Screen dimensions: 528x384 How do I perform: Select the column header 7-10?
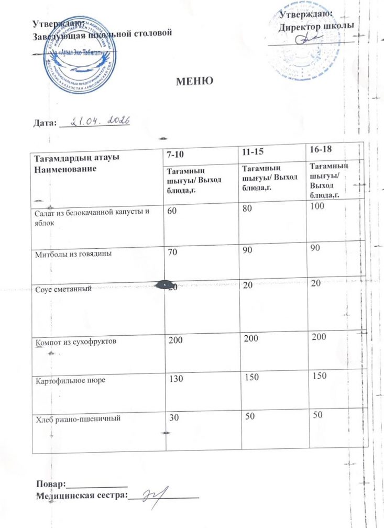177,155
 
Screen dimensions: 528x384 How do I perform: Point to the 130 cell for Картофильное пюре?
176,379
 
